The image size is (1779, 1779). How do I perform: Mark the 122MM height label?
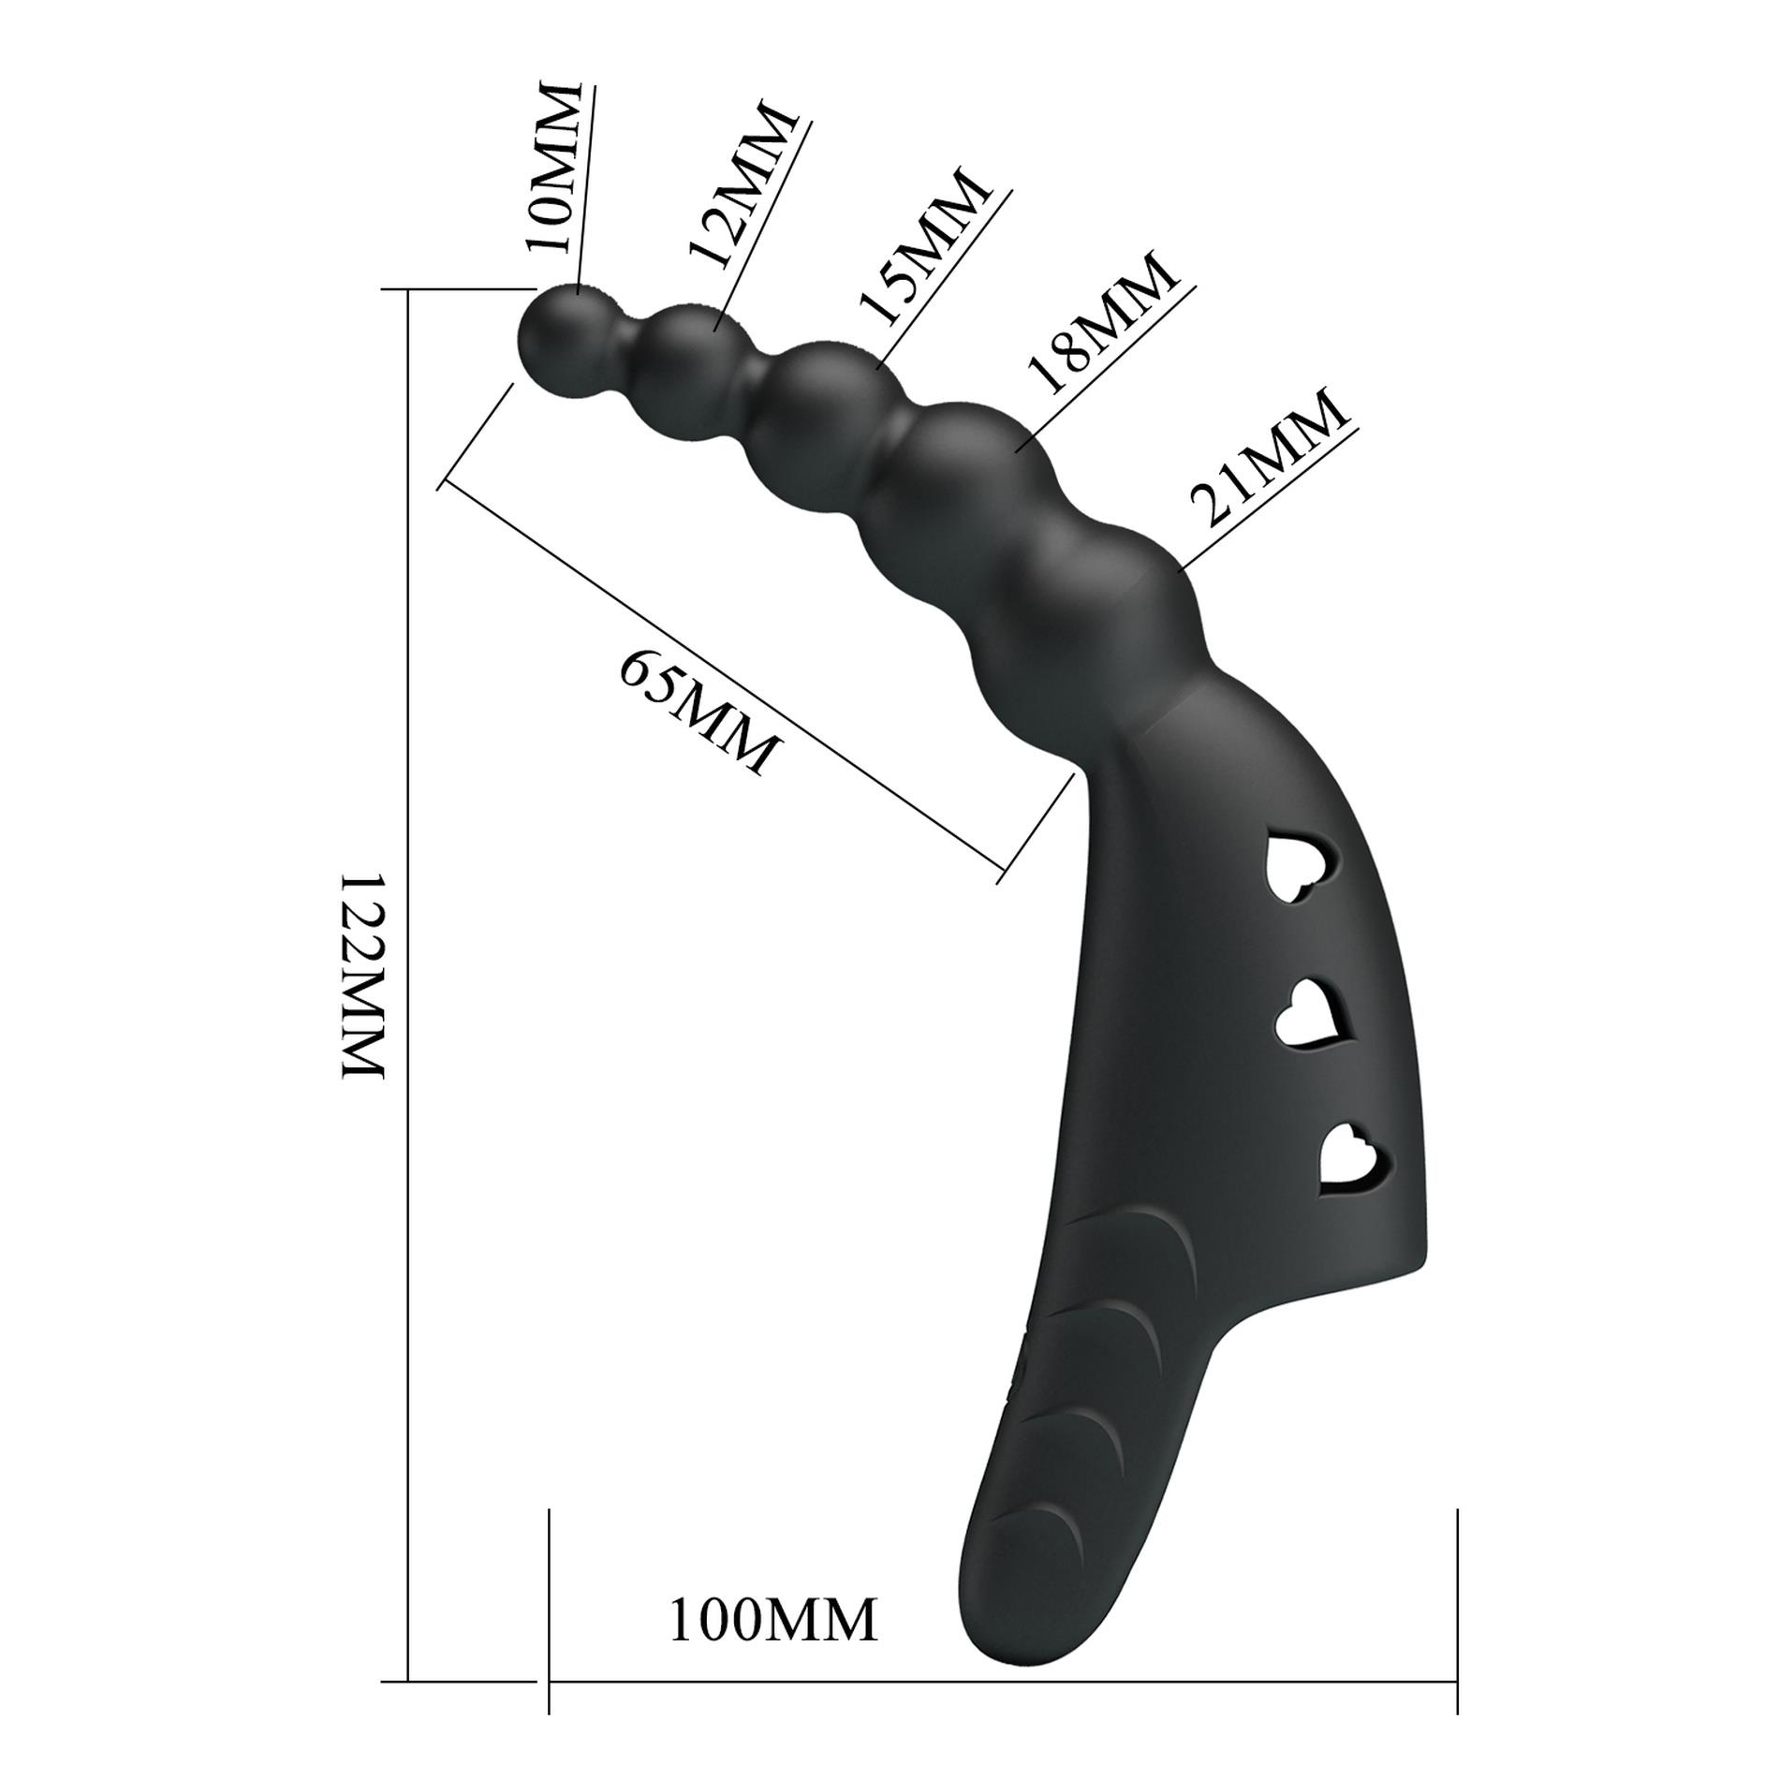[x=363, y=977]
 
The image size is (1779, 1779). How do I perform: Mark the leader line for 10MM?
[x=587, y=187]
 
